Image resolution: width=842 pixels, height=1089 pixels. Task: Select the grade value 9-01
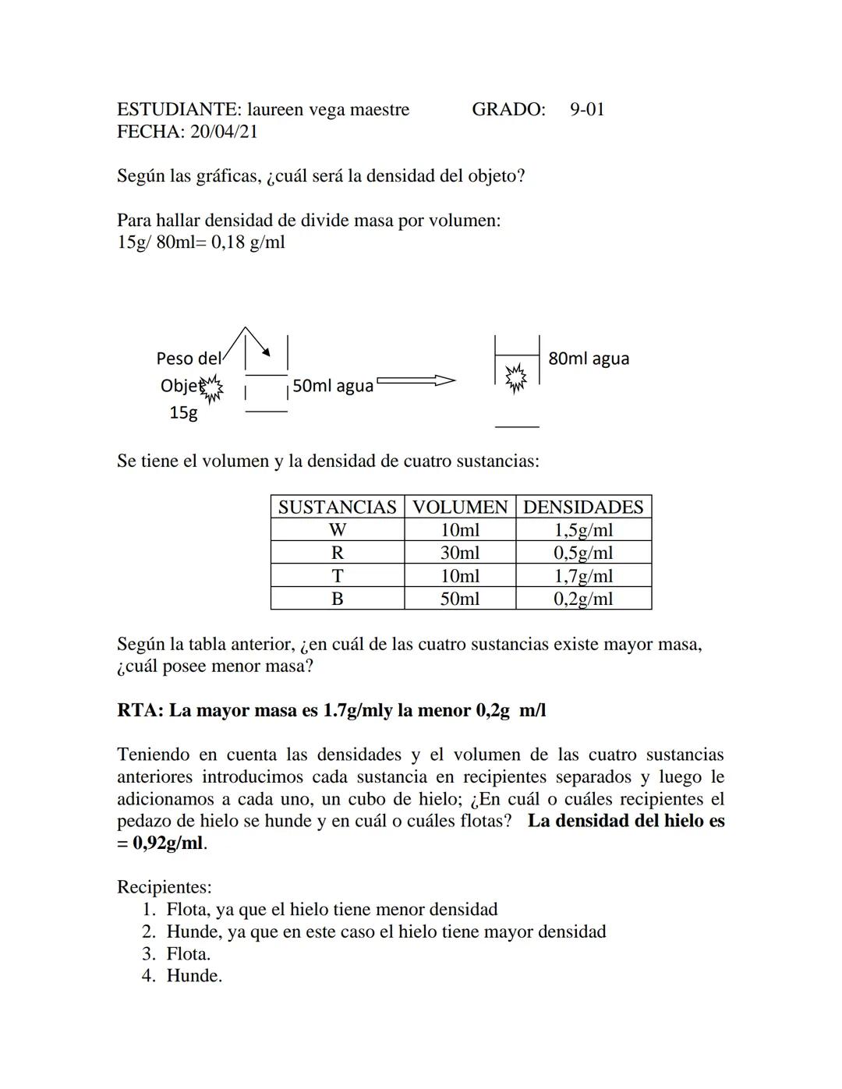tap(586, 109)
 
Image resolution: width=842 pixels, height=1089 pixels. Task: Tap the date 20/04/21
tap(224, 132)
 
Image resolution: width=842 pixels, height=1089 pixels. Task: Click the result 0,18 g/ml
tap(248, 242)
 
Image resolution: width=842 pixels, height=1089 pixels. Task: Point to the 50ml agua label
tap(333, 386)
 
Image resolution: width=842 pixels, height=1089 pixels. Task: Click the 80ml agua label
tap(589, 359)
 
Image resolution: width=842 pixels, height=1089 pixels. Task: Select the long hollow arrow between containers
tap(416, 381)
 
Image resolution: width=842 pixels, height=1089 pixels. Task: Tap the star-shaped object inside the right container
tap(515, 379)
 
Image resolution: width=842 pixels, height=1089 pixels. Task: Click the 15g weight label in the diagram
tap(184, 413)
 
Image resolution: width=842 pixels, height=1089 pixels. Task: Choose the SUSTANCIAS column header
tap(337, 507)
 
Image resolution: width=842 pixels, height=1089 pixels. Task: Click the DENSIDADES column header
tap(583, 507)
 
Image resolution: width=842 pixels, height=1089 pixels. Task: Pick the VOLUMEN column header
tap(460, 507)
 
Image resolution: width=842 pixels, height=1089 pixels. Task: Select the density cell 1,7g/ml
tap(583, 576)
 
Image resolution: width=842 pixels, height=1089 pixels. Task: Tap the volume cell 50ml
tap(460, 599)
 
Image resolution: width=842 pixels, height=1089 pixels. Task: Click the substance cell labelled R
tap(337, 553)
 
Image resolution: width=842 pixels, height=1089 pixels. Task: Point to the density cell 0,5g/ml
tap(583, 553)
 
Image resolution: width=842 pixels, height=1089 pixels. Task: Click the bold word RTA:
tap(140, 711)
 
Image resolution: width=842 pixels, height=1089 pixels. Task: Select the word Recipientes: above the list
tap(164, 887)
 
